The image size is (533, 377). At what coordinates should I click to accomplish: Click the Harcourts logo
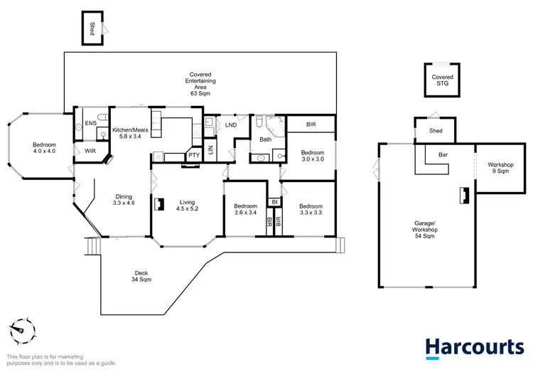474,348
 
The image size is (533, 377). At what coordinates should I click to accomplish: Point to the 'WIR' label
90,151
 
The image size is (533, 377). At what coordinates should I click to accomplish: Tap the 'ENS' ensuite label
90,124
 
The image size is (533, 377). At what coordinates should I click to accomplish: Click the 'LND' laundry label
231,125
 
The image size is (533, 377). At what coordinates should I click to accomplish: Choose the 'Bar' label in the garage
443,154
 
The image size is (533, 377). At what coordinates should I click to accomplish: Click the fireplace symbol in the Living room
160,204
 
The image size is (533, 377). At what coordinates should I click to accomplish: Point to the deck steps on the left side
90,247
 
